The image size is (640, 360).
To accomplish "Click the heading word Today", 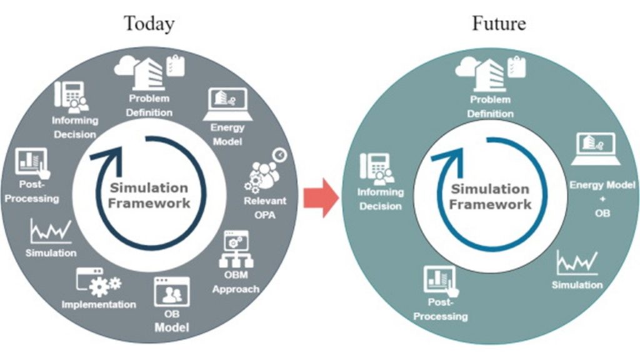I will coord(149,24).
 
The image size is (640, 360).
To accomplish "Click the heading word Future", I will coord(498,24).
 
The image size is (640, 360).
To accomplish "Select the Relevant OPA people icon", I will coord(264,174).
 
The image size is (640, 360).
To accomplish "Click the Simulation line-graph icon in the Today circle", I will coord(51,232).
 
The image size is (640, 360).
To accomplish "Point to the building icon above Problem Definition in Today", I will coord(151,72).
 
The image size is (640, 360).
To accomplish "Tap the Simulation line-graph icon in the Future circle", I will coord(576,263).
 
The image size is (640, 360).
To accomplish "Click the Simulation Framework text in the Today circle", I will coord(149,196).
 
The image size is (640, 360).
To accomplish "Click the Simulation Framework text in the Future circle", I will coord(491,197).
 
